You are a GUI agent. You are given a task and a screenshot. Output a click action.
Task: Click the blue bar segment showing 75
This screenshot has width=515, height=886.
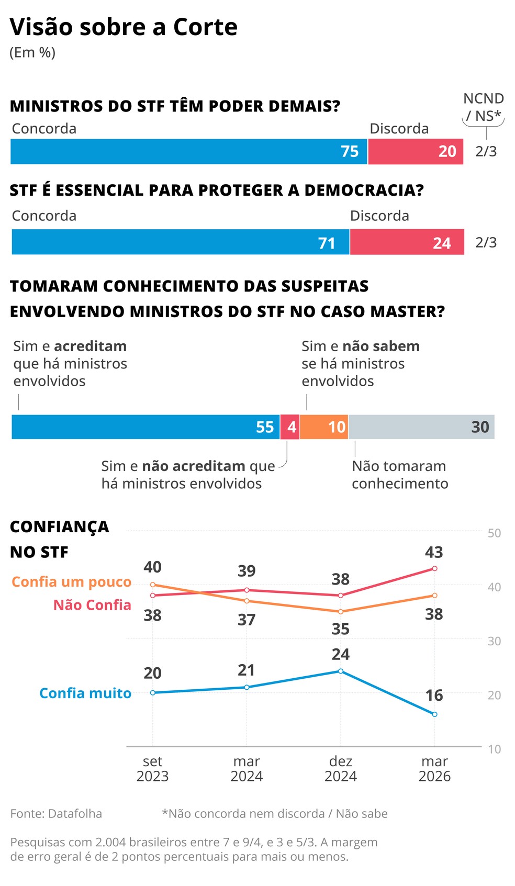[x=188, y=152]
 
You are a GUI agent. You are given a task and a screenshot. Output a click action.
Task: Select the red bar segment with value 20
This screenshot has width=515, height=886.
[x=415, y=152]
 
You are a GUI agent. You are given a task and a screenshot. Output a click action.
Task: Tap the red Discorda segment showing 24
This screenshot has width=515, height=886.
[x=407, y=242]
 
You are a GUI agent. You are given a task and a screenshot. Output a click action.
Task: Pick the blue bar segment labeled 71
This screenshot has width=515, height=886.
[x=180, y=242]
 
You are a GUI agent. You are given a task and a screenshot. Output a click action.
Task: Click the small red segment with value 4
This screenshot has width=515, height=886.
[x=290, y=427]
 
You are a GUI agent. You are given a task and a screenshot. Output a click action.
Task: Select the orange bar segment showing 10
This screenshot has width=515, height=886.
[x=324, y=427]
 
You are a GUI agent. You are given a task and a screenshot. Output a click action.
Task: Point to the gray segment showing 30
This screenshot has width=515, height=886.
[x=421, y=427]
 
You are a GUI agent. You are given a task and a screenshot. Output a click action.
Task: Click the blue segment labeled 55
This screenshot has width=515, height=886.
[x=145, y=427]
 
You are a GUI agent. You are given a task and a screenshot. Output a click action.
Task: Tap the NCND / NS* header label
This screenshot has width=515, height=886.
[x=483, y=107]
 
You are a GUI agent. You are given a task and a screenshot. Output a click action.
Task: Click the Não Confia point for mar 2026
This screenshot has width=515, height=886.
[x=434, y=568]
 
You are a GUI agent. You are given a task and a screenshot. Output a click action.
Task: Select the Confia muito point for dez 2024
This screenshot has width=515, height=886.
[x=341, y=671]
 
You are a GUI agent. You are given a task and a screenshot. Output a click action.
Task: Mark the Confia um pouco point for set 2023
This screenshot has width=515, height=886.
[x=153, y=585]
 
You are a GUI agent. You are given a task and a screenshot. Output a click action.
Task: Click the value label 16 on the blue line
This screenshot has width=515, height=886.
[x=434, y=696]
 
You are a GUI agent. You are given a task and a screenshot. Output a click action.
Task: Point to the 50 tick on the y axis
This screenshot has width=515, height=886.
[x=494, y=533]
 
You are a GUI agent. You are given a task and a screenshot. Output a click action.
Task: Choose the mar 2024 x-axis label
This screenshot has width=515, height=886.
[x=247, y=768]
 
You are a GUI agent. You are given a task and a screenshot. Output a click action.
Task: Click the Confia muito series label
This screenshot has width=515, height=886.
[x=85, y=693]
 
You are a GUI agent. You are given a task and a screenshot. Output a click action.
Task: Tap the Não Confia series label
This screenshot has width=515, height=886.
[x=92, y=605]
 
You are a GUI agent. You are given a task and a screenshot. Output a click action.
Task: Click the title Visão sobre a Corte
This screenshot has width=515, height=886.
[x=124, y=27]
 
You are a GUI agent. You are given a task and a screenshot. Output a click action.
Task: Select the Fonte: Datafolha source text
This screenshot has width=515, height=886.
[x=56, y=814]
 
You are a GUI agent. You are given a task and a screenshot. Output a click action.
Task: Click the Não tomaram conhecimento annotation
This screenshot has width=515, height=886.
[x=399, y=475]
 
